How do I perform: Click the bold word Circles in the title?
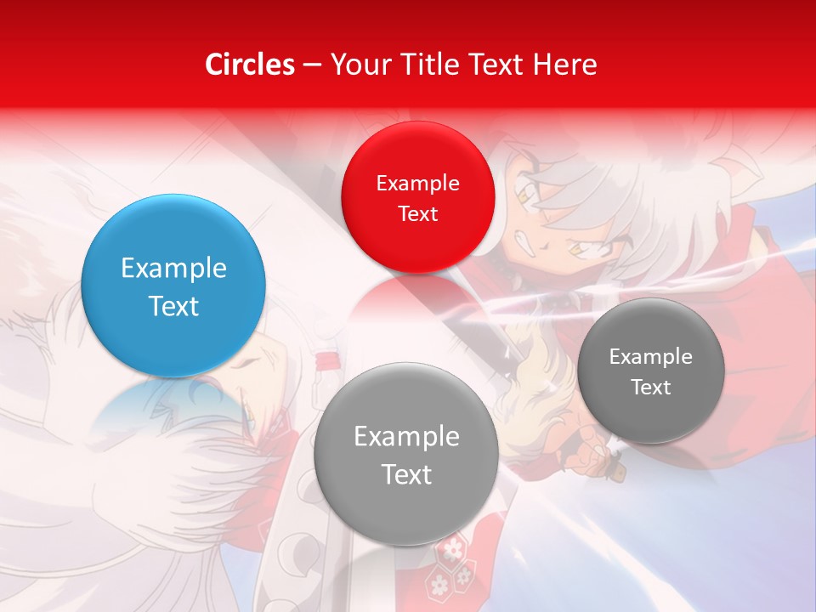pos(249,65)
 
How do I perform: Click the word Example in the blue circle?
pos(173,269)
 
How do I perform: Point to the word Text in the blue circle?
pos(173,306)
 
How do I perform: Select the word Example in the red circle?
pos(417,184)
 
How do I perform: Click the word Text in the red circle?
pos(417,214)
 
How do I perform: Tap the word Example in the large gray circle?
pos(406,437)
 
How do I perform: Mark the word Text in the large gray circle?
pos(406,474)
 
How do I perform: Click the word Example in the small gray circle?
pos(651,357)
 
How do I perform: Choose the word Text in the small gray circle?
pos(651,388)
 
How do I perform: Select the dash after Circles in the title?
pos(312,65)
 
